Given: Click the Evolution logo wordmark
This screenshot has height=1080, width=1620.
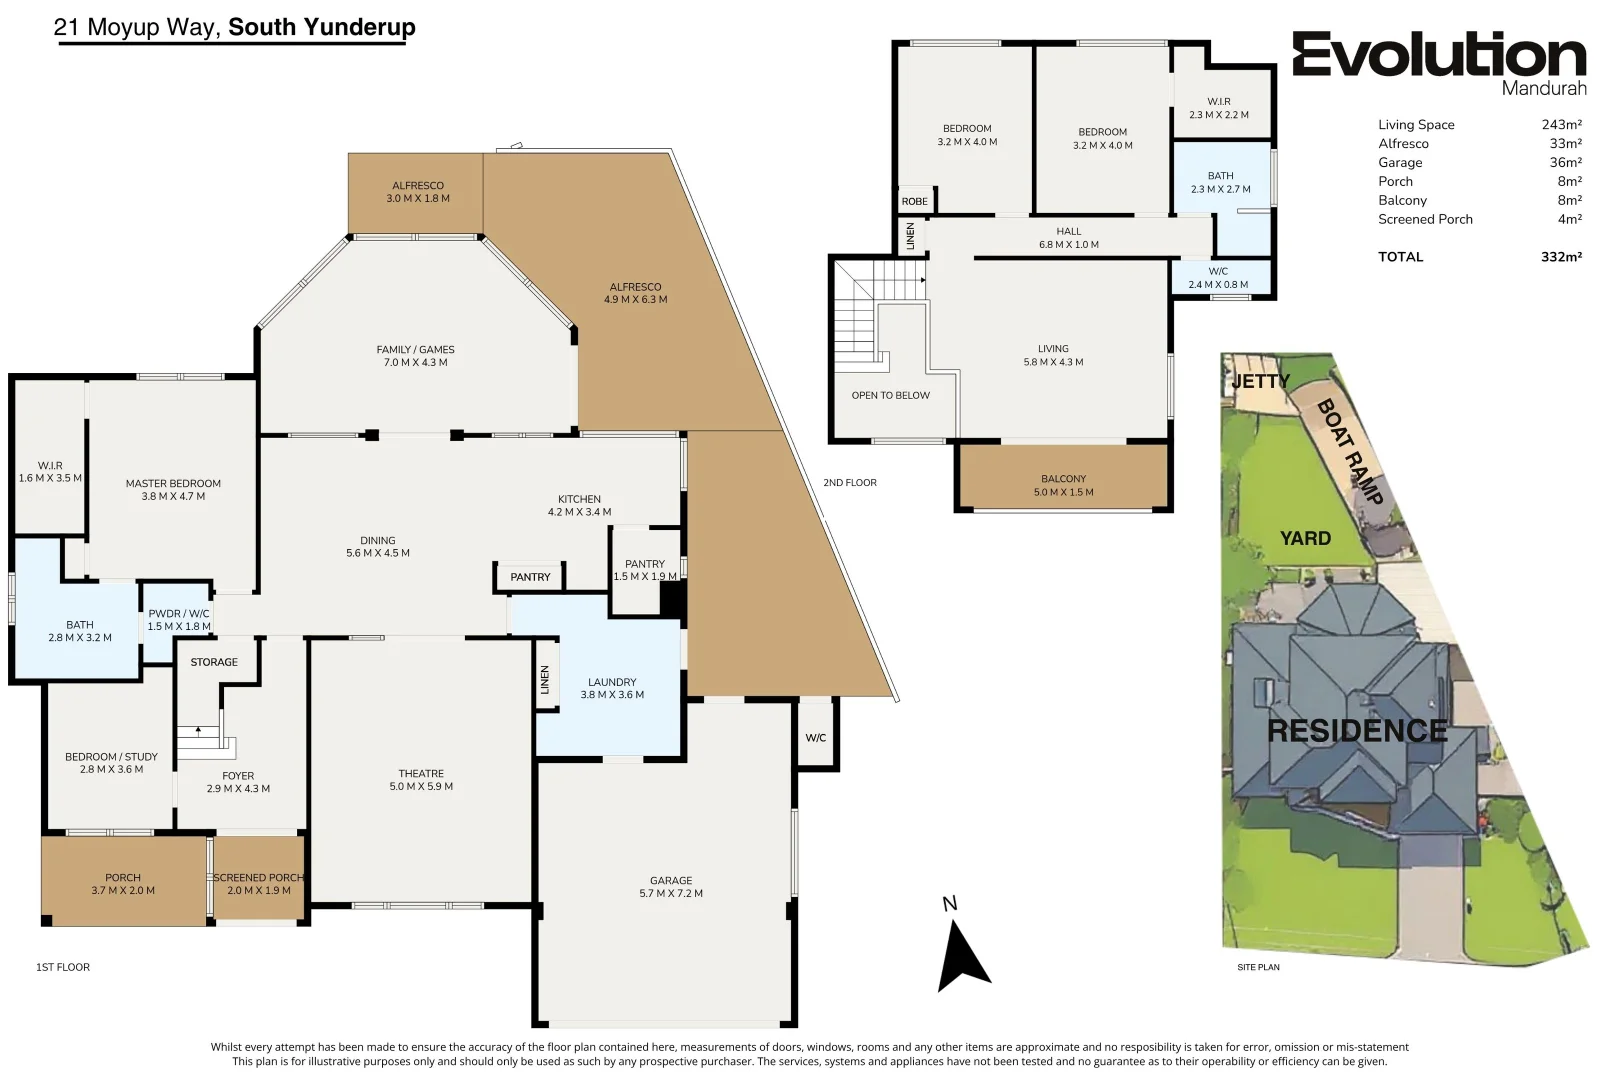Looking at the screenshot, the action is (1439, 54).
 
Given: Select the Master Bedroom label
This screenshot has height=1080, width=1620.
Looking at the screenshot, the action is (173, 483).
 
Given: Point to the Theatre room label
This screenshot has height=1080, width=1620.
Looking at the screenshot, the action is (421, 773).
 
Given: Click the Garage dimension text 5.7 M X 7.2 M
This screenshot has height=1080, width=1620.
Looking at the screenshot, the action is (671, 893).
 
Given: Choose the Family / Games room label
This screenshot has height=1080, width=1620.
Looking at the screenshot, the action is (415, 349).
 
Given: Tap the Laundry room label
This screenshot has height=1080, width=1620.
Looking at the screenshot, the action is (612, 682).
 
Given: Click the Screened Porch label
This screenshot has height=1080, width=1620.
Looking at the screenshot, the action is (258, 877).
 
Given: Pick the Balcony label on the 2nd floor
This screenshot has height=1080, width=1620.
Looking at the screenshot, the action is (1064, 479).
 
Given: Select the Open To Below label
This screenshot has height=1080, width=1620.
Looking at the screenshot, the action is (890, 395).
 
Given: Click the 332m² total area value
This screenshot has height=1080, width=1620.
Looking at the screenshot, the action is (1561, 257).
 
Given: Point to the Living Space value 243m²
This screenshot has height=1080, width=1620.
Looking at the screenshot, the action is (1561, 124).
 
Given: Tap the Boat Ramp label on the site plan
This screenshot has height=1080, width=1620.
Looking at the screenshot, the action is (1350, 452).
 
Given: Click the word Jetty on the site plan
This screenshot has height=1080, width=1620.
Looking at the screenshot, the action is (1261, 381).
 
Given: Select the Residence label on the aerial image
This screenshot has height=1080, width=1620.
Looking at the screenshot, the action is (1357, 731).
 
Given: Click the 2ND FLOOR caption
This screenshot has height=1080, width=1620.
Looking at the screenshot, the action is (850, 482).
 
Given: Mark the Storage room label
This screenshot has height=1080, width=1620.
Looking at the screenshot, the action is (214, 662).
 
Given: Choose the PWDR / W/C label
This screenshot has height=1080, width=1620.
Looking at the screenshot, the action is (179, 613).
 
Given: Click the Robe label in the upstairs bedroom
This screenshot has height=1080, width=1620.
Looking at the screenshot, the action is (915, 201).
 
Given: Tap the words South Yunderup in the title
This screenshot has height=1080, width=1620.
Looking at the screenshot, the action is (322, 27).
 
